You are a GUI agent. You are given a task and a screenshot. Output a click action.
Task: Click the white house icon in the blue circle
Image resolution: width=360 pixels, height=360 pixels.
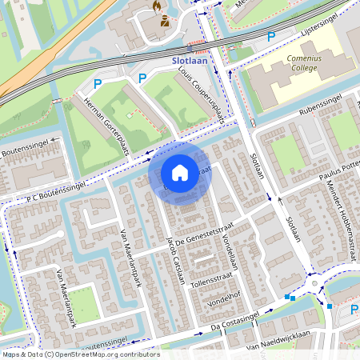click(180, 172)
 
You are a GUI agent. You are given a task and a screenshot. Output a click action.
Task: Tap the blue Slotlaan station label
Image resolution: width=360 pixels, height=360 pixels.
click(190, 60)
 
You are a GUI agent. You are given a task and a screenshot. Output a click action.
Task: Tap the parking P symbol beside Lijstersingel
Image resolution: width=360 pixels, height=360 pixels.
click(271, 36)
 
